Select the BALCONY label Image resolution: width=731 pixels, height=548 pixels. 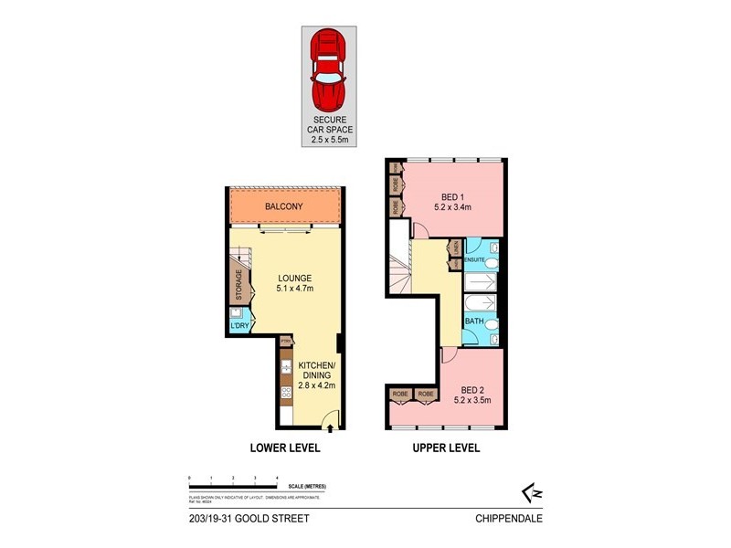pyautogui.click(x=284, y=206)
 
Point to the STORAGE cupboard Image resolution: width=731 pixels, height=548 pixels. pyautogui.click(x=239, y=285)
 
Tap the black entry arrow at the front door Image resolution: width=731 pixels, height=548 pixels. pyautogui.click(x=331, y=426)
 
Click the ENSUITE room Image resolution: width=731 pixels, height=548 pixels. pyautogui.click(x=480, y=261)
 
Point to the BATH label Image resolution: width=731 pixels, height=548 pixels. pyautogui.click(x=474, y=321)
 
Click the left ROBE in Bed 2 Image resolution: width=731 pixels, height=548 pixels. pyautogui.click(x=400, y=395)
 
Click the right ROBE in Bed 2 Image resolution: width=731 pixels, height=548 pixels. pyautogui.click(x=426, y=395)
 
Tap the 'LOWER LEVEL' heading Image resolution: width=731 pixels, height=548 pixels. pyautogui.click(x=283, y=448)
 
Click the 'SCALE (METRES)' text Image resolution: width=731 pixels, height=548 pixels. pyautogui.click(x=307, y=485)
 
